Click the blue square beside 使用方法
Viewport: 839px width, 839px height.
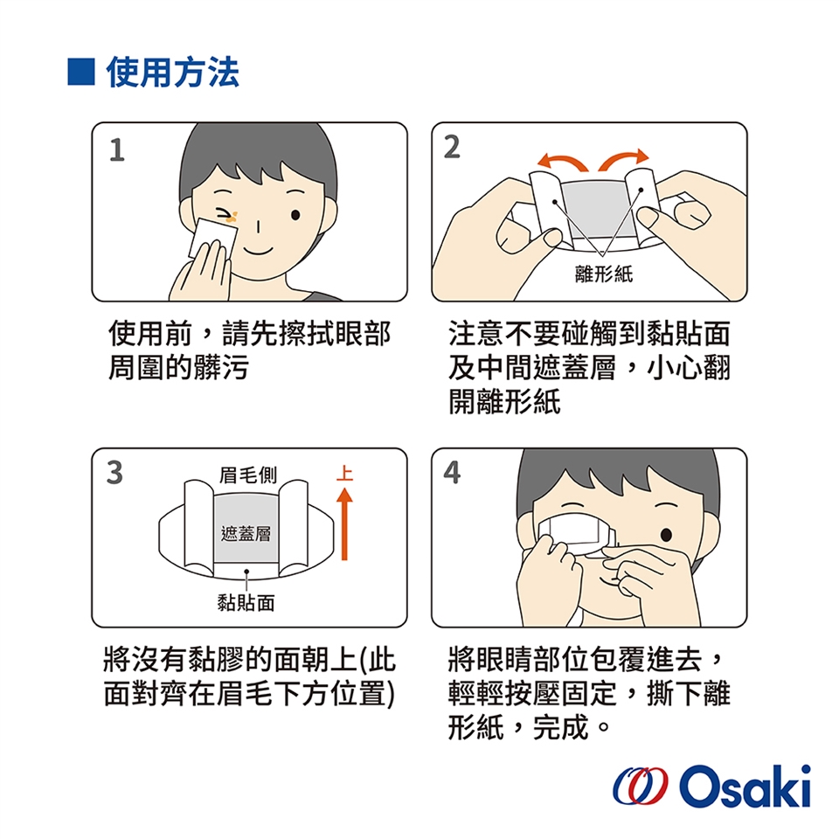[x=81, y=73]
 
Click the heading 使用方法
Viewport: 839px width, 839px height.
[x=173, y=73]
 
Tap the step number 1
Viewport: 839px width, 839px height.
[x=116, y=149]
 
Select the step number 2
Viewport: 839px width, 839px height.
[x=452, y=147]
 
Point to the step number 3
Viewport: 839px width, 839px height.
[x=114, y=473]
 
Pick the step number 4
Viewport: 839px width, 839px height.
[x=452, y=473]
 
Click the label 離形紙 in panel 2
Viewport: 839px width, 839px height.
[x=604, y=274]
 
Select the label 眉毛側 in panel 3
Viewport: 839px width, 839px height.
[x=247, y=475]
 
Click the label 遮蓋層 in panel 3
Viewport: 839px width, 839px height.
[x=246, y=533]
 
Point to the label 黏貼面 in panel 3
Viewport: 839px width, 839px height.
[x=246, y=603]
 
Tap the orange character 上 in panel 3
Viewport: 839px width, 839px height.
[x=344, y=473]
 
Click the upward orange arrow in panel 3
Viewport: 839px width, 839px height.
[x=344, y=525]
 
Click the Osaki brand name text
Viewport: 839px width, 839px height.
[x=745, y=786]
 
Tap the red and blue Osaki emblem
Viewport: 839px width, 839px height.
[x=641, y=786]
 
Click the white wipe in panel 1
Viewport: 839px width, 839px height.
[x=213, y=238]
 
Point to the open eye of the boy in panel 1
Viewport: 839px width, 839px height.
[x=295, y=215]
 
